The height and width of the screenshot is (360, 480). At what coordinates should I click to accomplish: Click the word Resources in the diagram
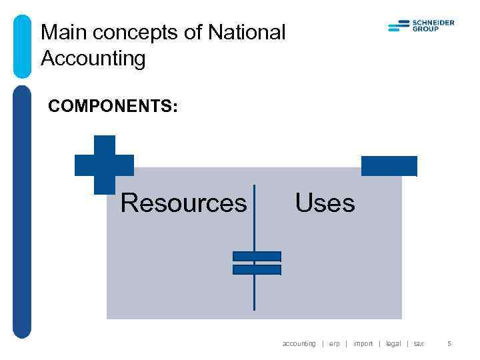[183, 203]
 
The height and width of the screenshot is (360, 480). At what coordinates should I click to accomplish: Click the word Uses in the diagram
[325, 202]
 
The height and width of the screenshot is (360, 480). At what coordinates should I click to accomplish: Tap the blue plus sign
[104, 165]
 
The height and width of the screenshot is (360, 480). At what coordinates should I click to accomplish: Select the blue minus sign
[389, 166]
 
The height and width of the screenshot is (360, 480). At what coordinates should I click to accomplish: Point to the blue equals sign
[257, 263]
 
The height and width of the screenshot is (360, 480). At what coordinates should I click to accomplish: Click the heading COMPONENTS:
[113, 107]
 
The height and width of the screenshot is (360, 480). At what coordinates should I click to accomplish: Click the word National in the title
[247, 32]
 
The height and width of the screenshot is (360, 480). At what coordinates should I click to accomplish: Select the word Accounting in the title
[93, 59]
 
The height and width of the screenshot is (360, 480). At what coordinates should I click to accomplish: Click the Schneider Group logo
[421, 26]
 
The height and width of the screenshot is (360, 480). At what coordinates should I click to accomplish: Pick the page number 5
[449, 344]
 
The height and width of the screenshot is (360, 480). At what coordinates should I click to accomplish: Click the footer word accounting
[299, 344]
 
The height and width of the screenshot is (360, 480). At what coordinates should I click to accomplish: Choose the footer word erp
[335, 344]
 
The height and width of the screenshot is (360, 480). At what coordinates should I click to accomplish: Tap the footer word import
[363, 344]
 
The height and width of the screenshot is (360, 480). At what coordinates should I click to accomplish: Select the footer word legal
[393, 344]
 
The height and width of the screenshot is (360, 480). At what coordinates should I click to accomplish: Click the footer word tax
[419, 344]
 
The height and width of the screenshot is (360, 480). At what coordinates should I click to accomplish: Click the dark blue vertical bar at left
[22, 210]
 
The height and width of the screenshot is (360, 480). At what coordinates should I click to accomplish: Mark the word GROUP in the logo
[426, 29]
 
